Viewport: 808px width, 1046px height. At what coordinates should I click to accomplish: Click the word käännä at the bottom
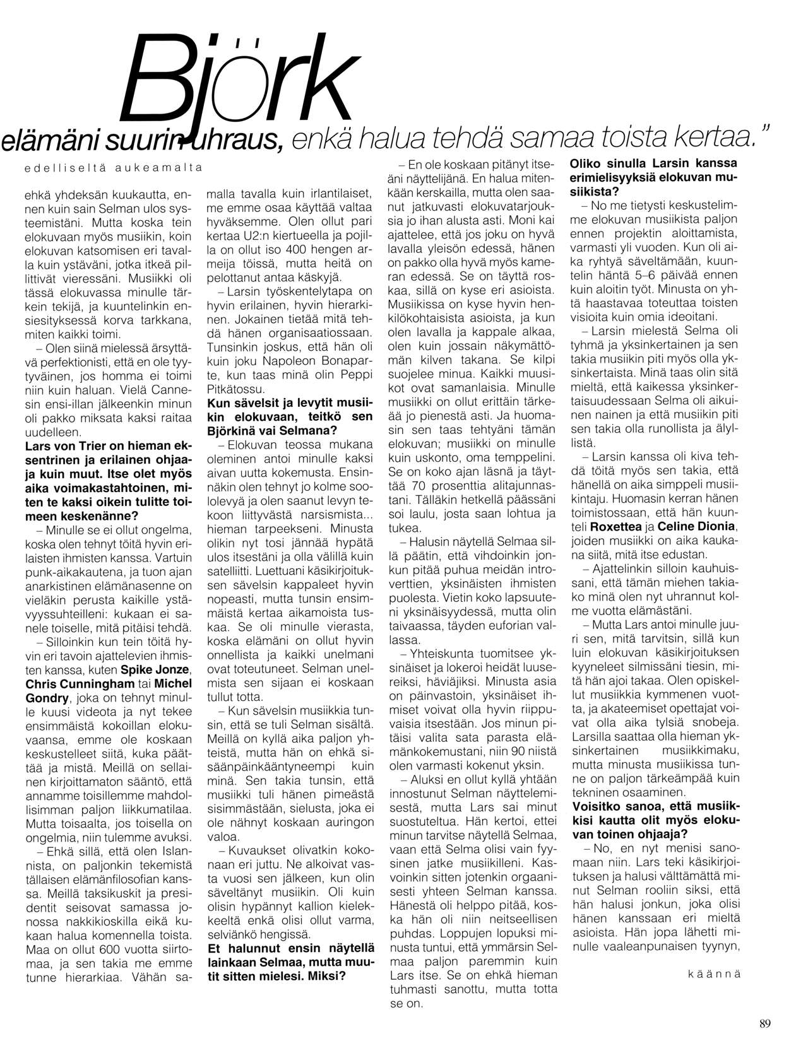(x=713, y=973)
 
